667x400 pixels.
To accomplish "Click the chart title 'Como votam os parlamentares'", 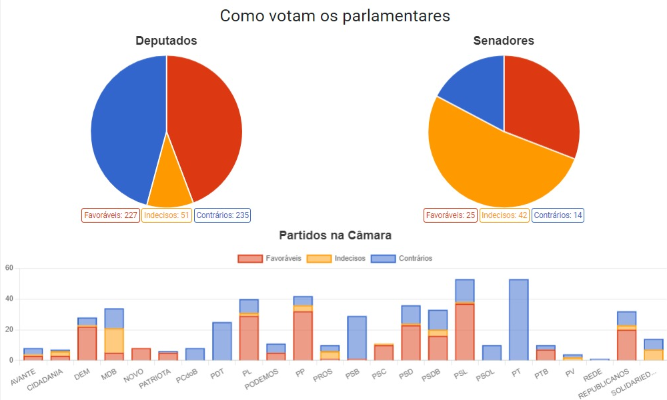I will [335, 16].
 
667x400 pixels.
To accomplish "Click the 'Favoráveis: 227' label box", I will [110, 215].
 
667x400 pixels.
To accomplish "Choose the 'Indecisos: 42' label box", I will [504, 215].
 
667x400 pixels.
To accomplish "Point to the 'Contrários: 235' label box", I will [223, 215].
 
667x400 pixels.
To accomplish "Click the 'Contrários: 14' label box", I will [558, 215].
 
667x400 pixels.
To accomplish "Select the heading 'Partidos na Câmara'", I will [335, 235].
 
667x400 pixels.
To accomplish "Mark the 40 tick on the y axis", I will [9, 299].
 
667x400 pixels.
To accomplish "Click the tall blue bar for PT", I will [518, 320].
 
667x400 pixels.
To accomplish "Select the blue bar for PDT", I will [221, 341].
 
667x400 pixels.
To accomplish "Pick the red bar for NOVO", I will [141, 354].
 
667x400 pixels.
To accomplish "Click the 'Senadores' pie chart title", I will [504, 41].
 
